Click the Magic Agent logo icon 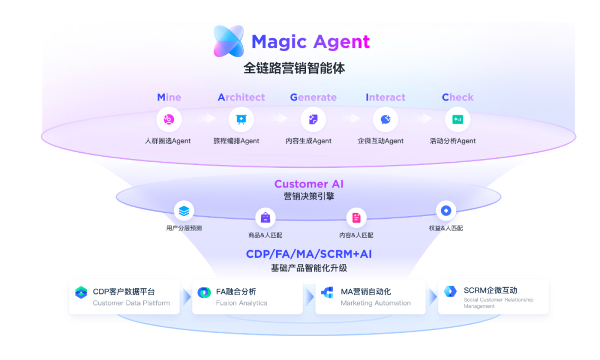(x=228, y=41)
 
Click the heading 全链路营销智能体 (x=294, y=68)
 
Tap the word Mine (x=169, y=97)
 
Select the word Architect (x=241, y=97)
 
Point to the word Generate (x=313, y=97)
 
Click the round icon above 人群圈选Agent (x=169, y=119)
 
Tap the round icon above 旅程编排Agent (x=241, y=119)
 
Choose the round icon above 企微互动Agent (x=386, y=119)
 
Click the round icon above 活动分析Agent (x=458, y=119)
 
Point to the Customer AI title (x=309, y=184)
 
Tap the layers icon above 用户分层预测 (x=184, y=211)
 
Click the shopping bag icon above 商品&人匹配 (x=265, y=218)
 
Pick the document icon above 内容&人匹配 (x=356, y=218)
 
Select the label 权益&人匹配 (x=446, y=228)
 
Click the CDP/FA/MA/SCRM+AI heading (x=309, y=254)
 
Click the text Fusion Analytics (x=242, y=303)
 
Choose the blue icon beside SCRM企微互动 (x=450, y=291)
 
